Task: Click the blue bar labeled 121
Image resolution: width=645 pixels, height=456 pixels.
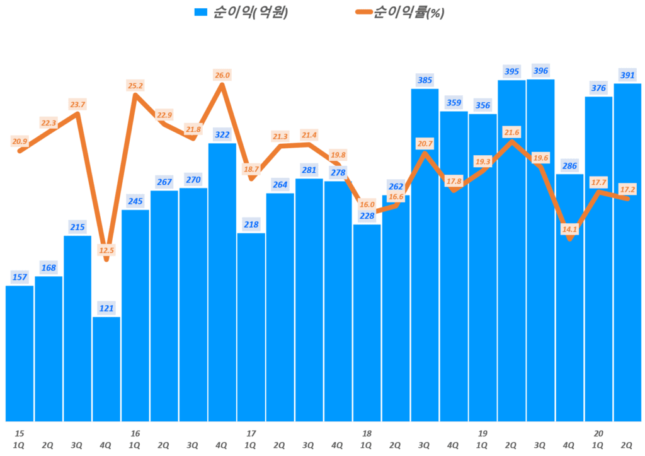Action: [x=106, y=368]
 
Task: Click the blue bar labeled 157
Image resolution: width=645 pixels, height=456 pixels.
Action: [x=20, y=353]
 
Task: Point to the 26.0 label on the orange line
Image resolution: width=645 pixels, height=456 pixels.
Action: [x=222, y=75]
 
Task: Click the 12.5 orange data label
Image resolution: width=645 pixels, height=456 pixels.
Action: [x=106, y=250]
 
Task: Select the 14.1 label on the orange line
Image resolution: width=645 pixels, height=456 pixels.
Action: [x=569, y=230]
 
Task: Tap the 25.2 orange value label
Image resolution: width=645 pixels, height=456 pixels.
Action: [x=135, y=85]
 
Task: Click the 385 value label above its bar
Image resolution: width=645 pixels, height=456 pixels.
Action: [x=425, y=80]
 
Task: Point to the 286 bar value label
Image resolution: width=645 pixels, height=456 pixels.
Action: [x=569, y=166]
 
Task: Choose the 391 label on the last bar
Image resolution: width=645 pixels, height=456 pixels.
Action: [x=627, y=74]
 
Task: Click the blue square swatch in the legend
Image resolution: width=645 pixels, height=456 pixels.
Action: [x=200, y=12]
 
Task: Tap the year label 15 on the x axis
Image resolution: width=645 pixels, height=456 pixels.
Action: [x=20, y=433]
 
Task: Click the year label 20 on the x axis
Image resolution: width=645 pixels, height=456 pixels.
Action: [x=598, y=433]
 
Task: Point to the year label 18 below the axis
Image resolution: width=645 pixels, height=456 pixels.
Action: [x=367, y=433]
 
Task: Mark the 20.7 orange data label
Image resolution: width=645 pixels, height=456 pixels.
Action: [x=425, y=144]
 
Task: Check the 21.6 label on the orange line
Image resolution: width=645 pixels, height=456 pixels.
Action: [x=511, y=132]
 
